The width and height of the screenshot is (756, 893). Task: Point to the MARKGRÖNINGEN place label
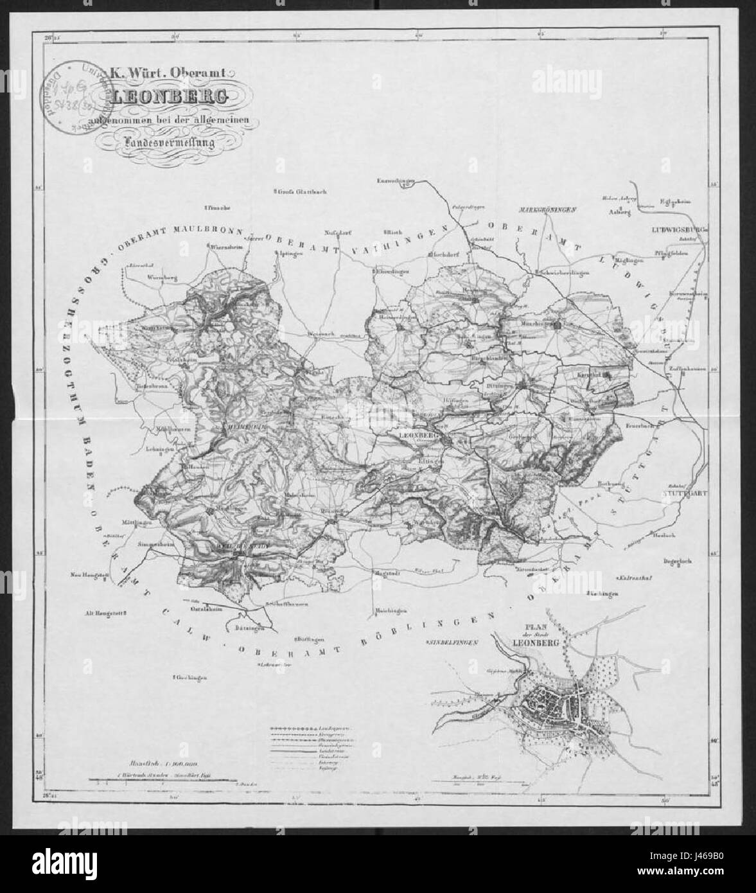point(549,210)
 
